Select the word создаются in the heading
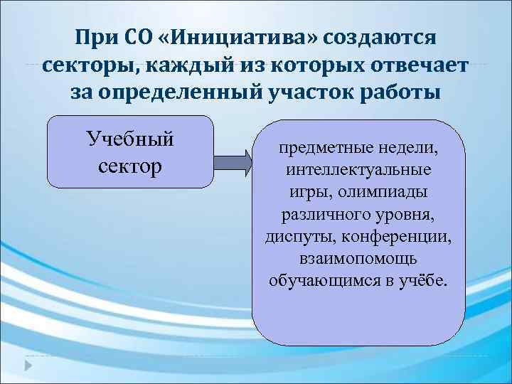click(x=382, y=36)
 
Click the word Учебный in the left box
click(x=130, y=138)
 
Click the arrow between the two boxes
click(x=233, y=162)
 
